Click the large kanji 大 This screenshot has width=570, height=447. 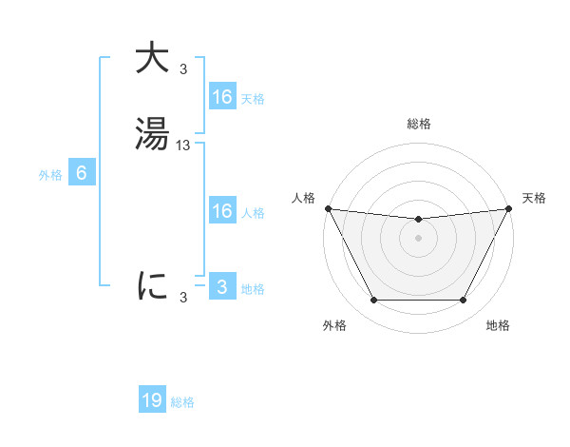[152, 59]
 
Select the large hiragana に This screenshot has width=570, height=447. [152, 284]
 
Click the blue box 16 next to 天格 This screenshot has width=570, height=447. [221, 97]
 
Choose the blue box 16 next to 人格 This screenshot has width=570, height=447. [221, 211]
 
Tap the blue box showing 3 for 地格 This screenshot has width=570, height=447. [221, 287]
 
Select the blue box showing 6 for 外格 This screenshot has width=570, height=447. [82, 173]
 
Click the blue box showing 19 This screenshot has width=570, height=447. [152, 400]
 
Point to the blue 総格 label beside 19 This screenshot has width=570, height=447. [182, 402]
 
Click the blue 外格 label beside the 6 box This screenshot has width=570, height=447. [50, 175]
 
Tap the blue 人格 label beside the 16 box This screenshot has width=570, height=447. [253, 213]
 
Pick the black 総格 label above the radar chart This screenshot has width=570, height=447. [418, 124]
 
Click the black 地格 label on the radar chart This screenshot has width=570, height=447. [498, 326]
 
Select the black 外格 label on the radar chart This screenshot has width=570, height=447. [334, 326]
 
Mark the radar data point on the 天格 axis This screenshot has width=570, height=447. [510, 208]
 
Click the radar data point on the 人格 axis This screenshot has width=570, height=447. [328, 208]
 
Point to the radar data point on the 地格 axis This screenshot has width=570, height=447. [464, 301]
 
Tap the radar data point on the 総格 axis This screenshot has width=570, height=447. [418, 220]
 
